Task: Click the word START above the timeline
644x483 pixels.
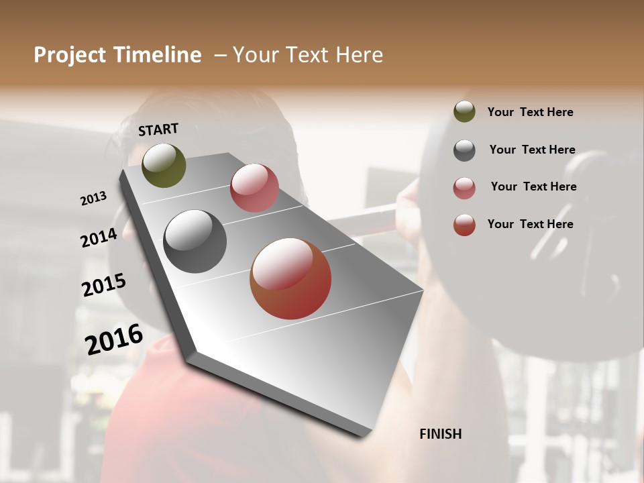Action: tap(158, 129)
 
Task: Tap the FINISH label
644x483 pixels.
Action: tap(440, 434)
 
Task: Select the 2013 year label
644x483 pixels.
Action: tap(93, 199)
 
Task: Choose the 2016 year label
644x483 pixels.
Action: tap(114, 339)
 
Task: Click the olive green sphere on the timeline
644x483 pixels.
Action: tap(164, 165)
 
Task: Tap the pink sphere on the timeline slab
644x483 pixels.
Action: tap(254, 188)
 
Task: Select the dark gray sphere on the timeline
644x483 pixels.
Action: tap(195, 241)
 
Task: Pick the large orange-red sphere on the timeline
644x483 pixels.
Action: tap(290, 278)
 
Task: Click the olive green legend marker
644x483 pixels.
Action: tap(464, 111)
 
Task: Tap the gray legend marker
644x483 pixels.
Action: tap(464, 150)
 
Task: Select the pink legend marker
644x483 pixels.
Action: tap(464, 188)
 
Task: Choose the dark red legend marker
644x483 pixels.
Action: tap(464, 225)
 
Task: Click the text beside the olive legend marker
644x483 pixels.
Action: tap(530, 112)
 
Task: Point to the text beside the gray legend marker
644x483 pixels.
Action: tap(532, 150)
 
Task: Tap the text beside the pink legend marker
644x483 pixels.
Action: tap(533, 186)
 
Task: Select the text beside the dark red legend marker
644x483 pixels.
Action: tap(530, 224)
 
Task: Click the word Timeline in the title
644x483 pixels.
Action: tap(158, 55)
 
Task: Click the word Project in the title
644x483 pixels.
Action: tap(70, 56)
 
